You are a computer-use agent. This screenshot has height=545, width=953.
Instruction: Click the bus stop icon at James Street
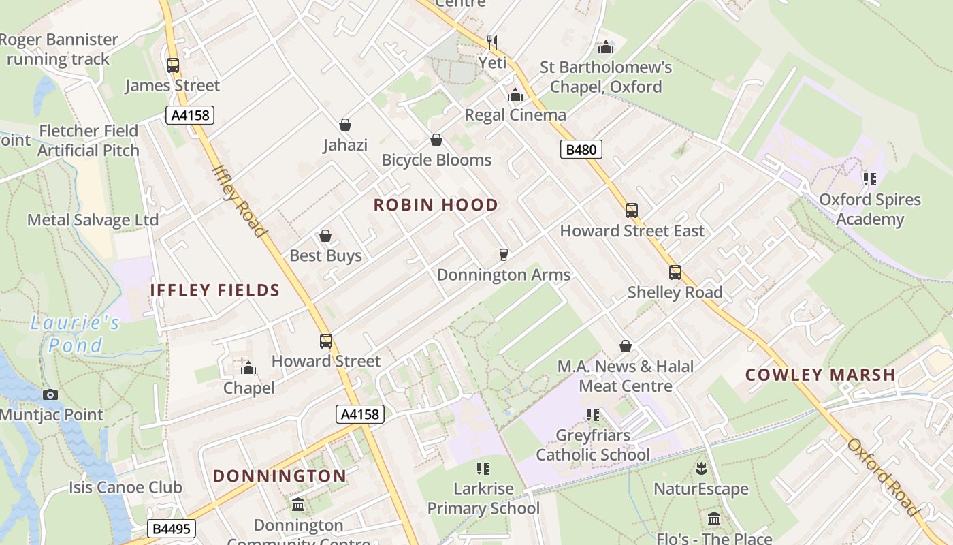coord(173,65)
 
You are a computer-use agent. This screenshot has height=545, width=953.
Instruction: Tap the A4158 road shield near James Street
coord(190,115)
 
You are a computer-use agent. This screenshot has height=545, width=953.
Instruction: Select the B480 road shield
coord(581,149)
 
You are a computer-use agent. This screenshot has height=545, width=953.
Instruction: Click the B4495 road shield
coord(172,529)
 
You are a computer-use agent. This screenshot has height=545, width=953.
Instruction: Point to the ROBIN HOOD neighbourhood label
coord(436,205)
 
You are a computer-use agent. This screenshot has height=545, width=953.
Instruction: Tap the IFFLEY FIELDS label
coord(215,290)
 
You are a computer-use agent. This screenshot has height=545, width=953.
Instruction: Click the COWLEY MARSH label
coord(820,375)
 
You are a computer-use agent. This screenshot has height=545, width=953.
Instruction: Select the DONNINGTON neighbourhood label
coord(280,476)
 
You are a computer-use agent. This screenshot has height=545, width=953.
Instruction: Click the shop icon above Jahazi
coord(345,125)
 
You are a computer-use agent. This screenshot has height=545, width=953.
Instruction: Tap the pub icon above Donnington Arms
coord(504,254)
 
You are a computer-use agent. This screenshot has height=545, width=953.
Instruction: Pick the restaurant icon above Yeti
coord(492,43)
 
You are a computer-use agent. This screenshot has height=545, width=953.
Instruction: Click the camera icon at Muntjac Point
coord(50,394)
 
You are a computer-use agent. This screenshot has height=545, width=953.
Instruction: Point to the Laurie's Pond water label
coord(75,334)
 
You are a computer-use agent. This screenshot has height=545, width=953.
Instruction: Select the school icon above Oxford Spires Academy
coord(869,179)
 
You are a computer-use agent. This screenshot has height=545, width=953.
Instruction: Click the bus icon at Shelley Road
coord(675,272)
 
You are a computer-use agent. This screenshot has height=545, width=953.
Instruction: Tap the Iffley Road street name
coord(239,201)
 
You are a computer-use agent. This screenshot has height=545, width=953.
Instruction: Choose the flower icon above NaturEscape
coord(700,469)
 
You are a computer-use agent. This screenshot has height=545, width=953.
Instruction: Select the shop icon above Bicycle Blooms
coord(436,140)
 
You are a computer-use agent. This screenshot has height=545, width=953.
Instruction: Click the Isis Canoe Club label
coord(125,487)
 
